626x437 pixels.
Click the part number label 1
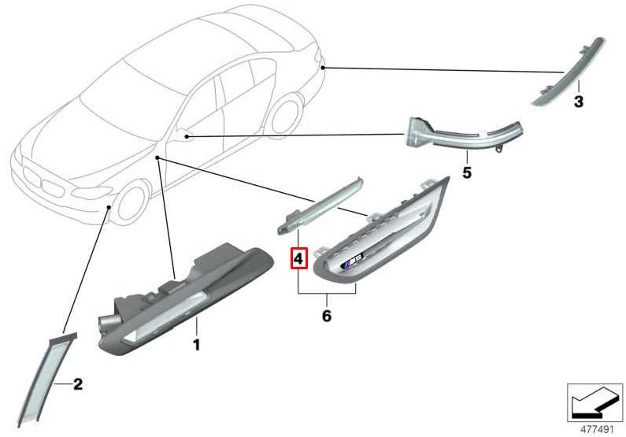pyautogui.click(x=197, y=345)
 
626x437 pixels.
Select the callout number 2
pyautogui.click(x=77, y=384)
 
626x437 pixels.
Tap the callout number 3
pyautogui.click(x=578, y=102)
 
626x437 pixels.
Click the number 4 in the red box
pyautogui.click(x=298, y=257)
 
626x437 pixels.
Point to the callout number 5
pyautogui.click(x=466, y=171)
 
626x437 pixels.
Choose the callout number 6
pyautogui.click(x=326, y=316)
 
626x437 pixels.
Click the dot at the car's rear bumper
pyautogui.click(x=324, y=68)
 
